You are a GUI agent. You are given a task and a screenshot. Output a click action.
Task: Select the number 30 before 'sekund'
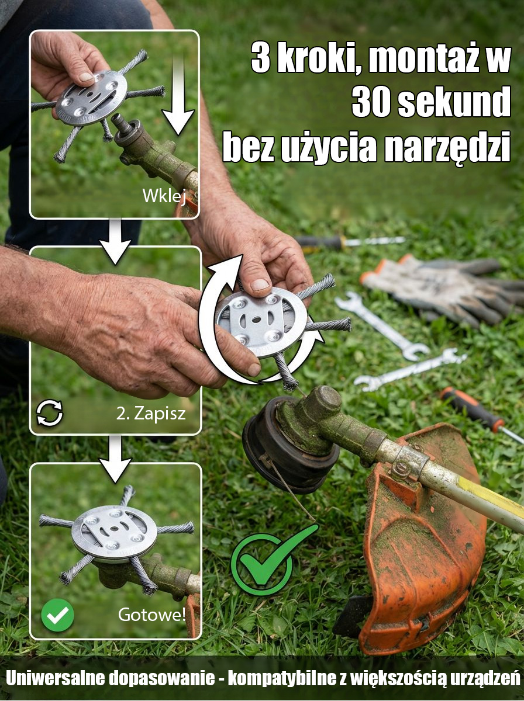point(375,103)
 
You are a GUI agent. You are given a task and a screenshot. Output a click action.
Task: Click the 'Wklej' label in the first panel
point(164,197)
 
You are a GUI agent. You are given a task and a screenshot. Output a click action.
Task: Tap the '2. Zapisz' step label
point(150,414)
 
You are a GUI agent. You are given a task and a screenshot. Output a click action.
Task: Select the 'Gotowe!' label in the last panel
point(152,615)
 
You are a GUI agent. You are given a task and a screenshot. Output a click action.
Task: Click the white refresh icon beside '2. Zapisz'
point(50,414)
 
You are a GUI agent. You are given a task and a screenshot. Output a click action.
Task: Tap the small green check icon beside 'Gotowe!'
point(57,615)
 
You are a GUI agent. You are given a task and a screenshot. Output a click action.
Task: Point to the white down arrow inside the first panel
point(178,96)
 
